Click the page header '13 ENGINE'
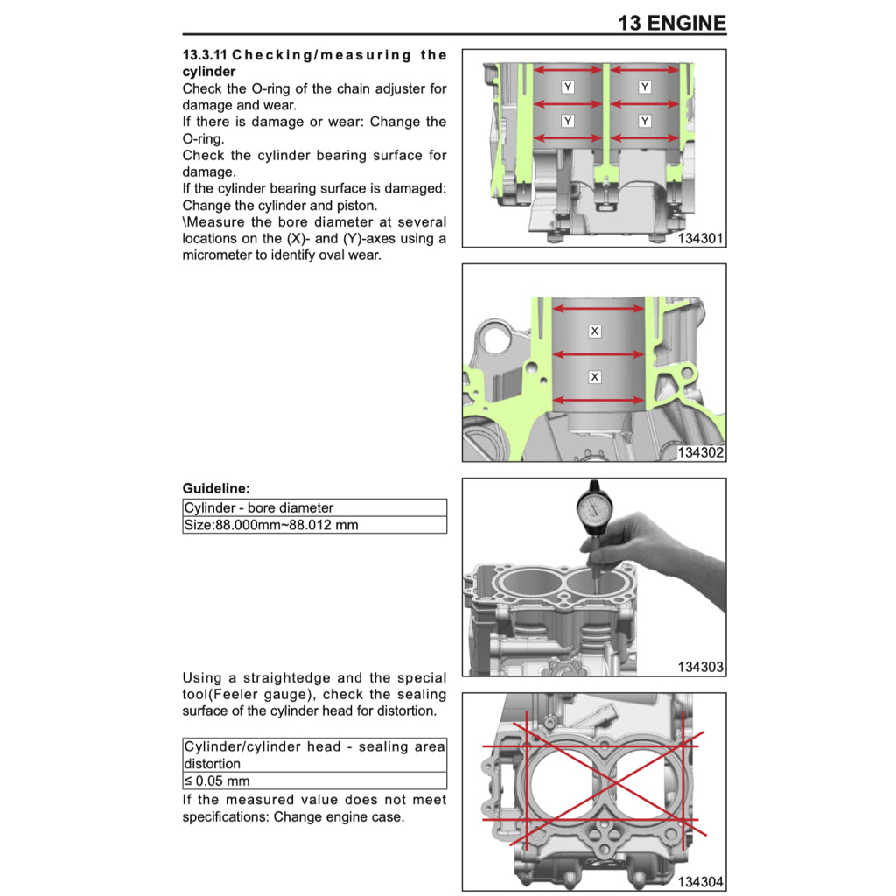(671, 22)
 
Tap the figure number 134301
(700, 238)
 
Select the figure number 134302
(700, 453)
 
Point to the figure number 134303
(700, 668)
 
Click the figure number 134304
(700, 882)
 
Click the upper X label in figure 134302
(595, 332)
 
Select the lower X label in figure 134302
(595, 377)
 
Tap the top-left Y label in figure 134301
(568, 87)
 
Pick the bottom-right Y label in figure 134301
(645, 121)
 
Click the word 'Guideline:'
(216, 488)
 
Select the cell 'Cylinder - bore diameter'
(258, 507)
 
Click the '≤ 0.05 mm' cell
(217, 780)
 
